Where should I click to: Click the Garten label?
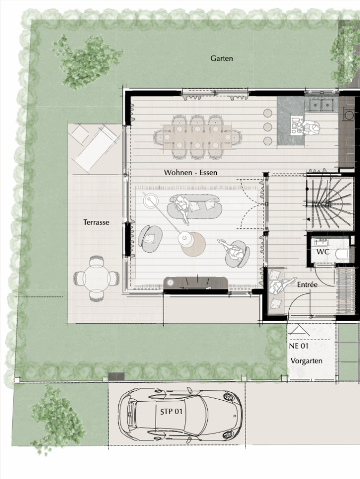point(222,58)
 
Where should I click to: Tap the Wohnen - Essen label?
point(191,172)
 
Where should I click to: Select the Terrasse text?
point(96,222)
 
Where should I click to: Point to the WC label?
point(323,252)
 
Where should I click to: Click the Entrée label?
point(307,284)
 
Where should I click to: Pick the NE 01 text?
point(299,346)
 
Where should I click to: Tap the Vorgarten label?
point(306,361)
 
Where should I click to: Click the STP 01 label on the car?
point(171,411)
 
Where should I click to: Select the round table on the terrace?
point(96,278)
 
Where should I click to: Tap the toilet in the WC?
point(342,253)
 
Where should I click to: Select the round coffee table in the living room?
point(193,244)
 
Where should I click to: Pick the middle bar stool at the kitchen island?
point(267,127)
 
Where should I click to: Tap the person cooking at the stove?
point(310,127)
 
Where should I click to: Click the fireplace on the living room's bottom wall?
point(196,283)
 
